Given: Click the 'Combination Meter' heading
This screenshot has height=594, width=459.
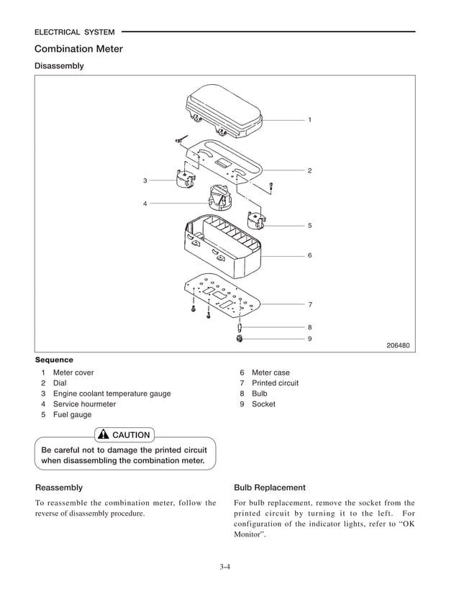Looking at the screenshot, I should tap(78, 49).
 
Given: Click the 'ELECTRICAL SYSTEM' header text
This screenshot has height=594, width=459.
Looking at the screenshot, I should tap(75, 32).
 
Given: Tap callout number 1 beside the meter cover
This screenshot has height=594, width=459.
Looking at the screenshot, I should tap(309, 119).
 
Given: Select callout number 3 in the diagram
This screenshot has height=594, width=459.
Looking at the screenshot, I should tap(145, 180).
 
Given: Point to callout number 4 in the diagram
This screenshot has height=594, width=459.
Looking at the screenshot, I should tap(145, 204).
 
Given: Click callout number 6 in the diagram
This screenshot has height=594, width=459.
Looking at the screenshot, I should tap(309, 255).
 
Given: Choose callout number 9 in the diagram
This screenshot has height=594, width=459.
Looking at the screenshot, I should tap(309, 339).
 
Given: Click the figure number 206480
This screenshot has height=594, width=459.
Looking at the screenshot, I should tap(398, 345).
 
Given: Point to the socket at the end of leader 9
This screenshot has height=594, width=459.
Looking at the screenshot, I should tap(239, 338).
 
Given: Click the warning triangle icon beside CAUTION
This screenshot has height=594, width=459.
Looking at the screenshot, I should tap(103, 434).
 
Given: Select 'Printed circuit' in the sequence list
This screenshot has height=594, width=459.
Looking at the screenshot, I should tap(275, 383).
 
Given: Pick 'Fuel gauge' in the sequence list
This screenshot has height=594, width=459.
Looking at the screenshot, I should tap(72, 415).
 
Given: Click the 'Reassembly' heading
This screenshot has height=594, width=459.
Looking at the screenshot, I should tap(59, 487).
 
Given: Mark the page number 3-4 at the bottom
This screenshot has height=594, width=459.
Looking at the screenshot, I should tap(224, 567).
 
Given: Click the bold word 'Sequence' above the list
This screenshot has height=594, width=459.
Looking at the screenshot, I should tap(54, 360).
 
